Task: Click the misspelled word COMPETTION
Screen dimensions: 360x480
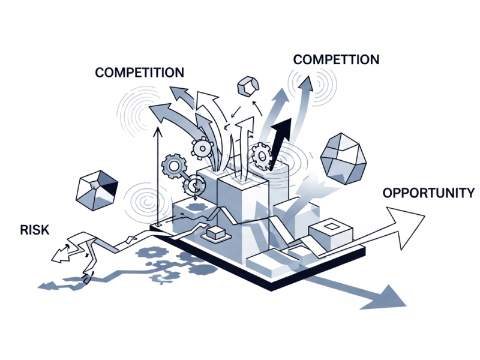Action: click(336, 59)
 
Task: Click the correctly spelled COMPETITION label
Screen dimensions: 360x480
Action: click(139, 73)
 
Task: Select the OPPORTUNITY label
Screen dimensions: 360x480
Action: click(428, 193)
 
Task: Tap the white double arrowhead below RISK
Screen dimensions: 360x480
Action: click(61, 254)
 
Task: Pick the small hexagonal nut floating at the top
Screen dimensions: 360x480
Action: click(247, 86)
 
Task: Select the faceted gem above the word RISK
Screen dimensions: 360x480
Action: click(96, 190)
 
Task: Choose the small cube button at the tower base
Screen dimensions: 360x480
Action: click(215, 233)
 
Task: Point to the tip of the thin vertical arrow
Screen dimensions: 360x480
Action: click(157, 130)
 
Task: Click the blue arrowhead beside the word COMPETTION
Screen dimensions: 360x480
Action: click(307, 83)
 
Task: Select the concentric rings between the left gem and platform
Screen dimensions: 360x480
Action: click(143, 201)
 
